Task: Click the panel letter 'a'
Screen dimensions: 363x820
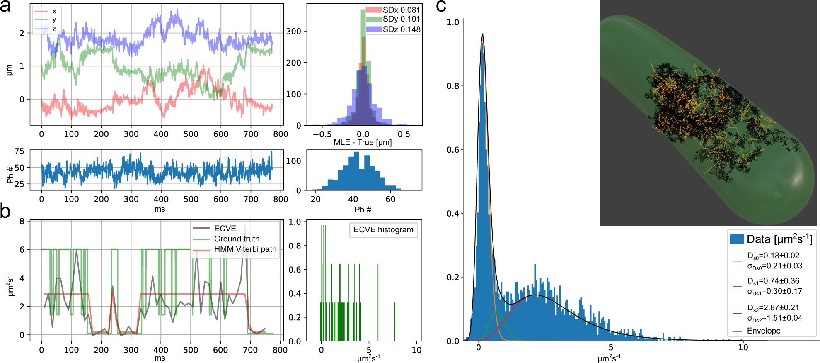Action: click(5, 7)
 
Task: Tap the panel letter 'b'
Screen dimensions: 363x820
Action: click(5, 211)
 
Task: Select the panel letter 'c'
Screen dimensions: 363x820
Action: click(441, 6)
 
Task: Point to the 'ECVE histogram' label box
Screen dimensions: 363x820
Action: click(383, 230)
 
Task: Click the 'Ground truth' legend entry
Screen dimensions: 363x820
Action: click(236, 239)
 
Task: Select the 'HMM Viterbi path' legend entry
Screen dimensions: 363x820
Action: click(245, 249)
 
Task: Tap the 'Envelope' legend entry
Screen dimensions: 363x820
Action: click(763, 331)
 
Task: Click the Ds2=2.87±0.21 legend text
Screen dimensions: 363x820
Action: click(773, 308)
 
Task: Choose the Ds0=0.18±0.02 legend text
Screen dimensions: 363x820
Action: click(773, 256)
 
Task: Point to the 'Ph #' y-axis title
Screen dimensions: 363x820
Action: click(10, 175)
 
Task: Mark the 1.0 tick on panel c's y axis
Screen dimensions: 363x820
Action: click(453, 22)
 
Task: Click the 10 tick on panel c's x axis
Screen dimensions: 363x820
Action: click(743, 348)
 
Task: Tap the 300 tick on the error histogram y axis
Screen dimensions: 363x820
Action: click(293, 32)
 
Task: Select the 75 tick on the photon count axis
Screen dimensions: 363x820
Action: click(19, 151)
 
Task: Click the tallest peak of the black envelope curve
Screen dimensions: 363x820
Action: click(482, 34)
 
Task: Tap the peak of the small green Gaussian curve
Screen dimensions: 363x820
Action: click(496, 310)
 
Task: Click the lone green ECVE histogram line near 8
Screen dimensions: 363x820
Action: click(394, 322)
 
